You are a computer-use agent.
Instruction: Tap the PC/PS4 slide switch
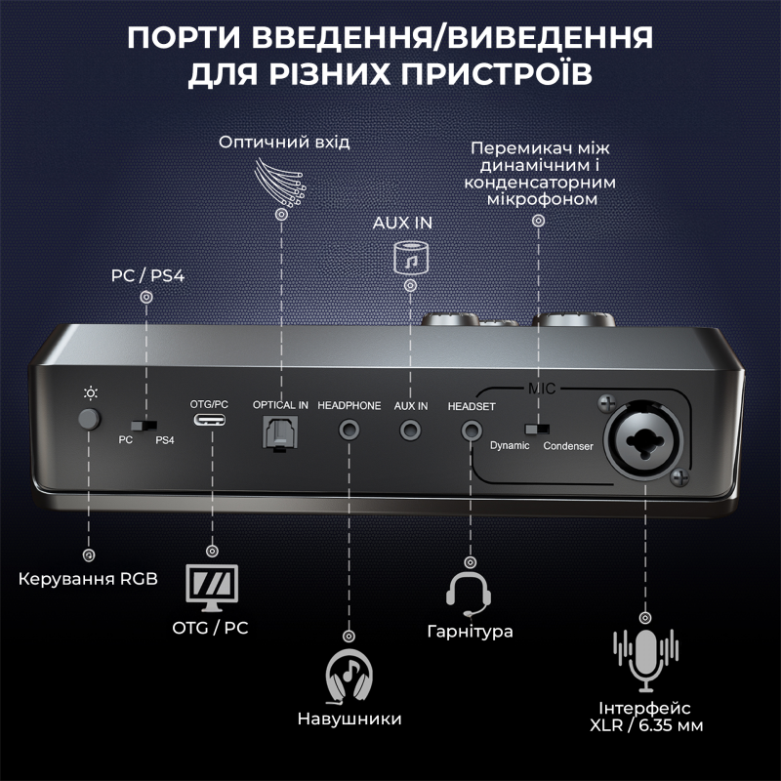(x=147, y=426)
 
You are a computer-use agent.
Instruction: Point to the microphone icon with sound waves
(x=644, y=657)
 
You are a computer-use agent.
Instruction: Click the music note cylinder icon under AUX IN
(x=410, y=258)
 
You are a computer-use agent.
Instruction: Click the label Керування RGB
(x=87, y=580)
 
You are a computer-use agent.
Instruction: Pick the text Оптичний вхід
(x=283, y=143)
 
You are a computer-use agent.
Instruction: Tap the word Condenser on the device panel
(x=568, y=446)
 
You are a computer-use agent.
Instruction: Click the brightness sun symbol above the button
(x=90, y=393)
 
